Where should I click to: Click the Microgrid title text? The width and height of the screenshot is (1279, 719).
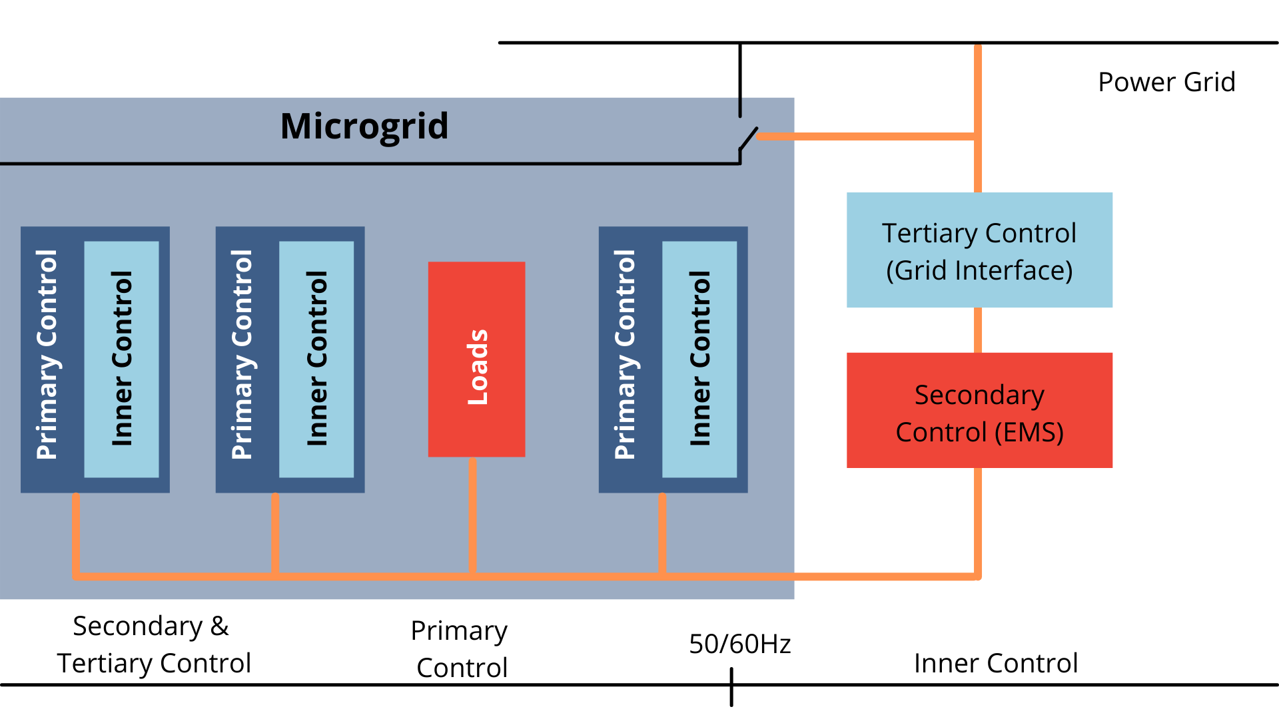[x=364, y=126]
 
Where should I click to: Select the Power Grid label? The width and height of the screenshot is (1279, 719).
[x=1166, y=83]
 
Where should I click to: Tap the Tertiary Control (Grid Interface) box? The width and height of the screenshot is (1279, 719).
[x=979, y=250]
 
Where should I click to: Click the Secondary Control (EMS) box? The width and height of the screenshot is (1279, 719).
[x=979, y=410]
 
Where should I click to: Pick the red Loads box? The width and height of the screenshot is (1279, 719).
[x=476, y=359]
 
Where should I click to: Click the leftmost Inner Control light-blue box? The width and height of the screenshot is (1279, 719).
[x=121, y=359]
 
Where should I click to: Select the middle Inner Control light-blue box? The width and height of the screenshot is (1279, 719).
[x=316, y=359]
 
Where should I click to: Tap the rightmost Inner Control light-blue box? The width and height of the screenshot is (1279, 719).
[x=699, y=359]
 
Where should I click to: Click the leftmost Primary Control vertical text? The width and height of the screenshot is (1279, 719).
[x=47, y=355]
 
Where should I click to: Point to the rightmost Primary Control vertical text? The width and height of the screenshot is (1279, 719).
[x=625, y=355]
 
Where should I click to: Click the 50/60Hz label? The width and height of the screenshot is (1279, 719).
[x=739, y=644]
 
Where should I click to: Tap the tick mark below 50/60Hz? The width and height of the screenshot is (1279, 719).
[x=731, y=689]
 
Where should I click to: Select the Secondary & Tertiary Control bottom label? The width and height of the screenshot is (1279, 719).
[x=153, y=644]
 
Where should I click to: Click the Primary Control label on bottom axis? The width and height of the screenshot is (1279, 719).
[x=460, y=649]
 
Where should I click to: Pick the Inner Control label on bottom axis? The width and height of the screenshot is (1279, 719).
[x=996, y=663]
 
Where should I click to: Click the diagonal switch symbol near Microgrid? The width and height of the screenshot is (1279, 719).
[x=749, y=138]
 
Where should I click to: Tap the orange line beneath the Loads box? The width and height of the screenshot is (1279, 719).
[x=472, y=516]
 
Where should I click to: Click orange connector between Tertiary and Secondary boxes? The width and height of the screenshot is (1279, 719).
[x=978, y=330]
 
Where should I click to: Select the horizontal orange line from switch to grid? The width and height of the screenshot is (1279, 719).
[x=866, y=136]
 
